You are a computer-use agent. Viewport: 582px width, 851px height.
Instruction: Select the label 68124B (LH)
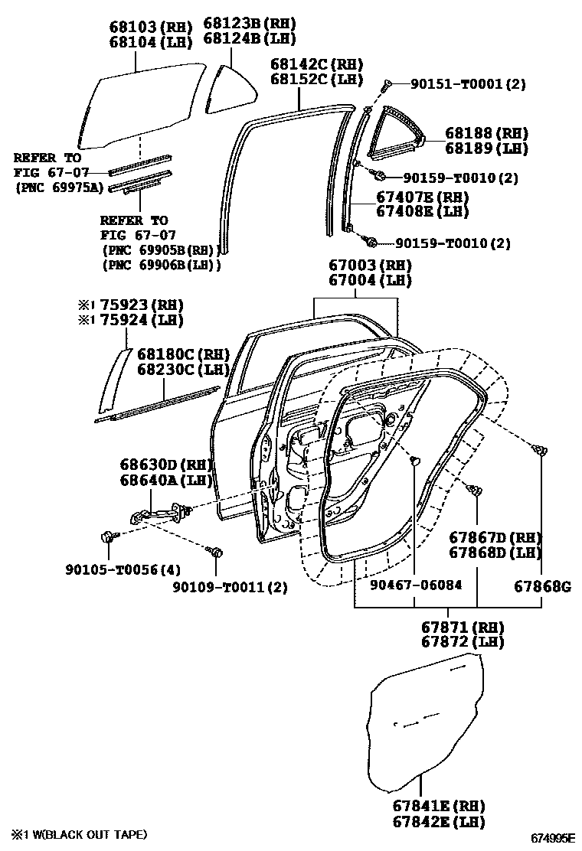(x=250, y=38)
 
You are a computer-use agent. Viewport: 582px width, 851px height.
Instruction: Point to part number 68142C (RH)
(x=316, y=64)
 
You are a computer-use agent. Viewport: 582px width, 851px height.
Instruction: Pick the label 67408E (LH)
(x=421, y=211)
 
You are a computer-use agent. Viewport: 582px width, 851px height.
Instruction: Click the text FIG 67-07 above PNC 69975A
(x=47, y=171)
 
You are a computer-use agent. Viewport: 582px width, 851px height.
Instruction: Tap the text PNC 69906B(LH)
(x=161, y=265)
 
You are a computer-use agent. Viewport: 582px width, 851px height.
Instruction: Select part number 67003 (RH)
(x=371, y=266)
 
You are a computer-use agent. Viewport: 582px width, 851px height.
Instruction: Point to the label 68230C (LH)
(x=184, y=369)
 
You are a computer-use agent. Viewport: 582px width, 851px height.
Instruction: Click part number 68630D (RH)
(x=165, y=465)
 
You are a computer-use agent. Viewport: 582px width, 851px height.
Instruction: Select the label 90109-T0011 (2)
(x=229, y=587)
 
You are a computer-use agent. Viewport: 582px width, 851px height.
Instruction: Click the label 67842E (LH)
(x=438, y=822)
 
